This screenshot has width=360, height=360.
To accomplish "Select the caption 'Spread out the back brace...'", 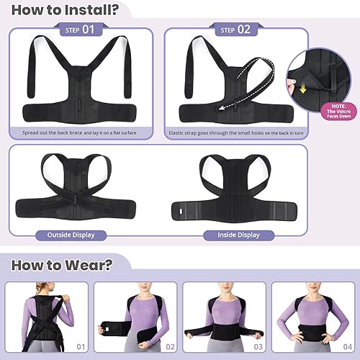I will (81, 133).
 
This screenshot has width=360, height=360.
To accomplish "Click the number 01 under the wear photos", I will (80, 348).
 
